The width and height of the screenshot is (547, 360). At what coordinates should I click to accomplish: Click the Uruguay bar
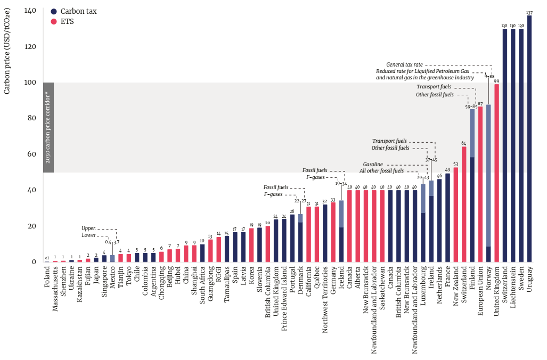point(529,138)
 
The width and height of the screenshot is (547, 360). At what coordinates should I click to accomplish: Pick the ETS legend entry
point(67,22)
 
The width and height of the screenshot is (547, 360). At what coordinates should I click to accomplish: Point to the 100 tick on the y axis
point(32,83)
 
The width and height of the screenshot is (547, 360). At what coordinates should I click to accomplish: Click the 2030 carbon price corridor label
point(48,127)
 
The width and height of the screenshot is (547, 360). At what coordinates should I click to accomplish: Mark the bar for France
point(447,218)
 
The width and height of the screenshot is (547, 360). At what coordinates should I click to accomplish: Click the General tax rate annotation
point(405,64)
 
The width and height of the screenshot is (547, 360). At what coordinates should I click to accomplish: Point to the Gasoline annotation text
point(373,165)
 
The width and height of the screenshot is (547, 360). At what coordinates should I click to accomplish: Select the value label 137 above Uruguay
point(529,12)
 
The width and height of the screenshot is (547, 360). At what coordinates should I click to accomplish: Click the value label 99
point(497,81)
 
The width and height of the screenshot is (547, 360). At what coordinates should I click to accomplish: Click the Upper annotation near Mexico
point(88,228)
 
